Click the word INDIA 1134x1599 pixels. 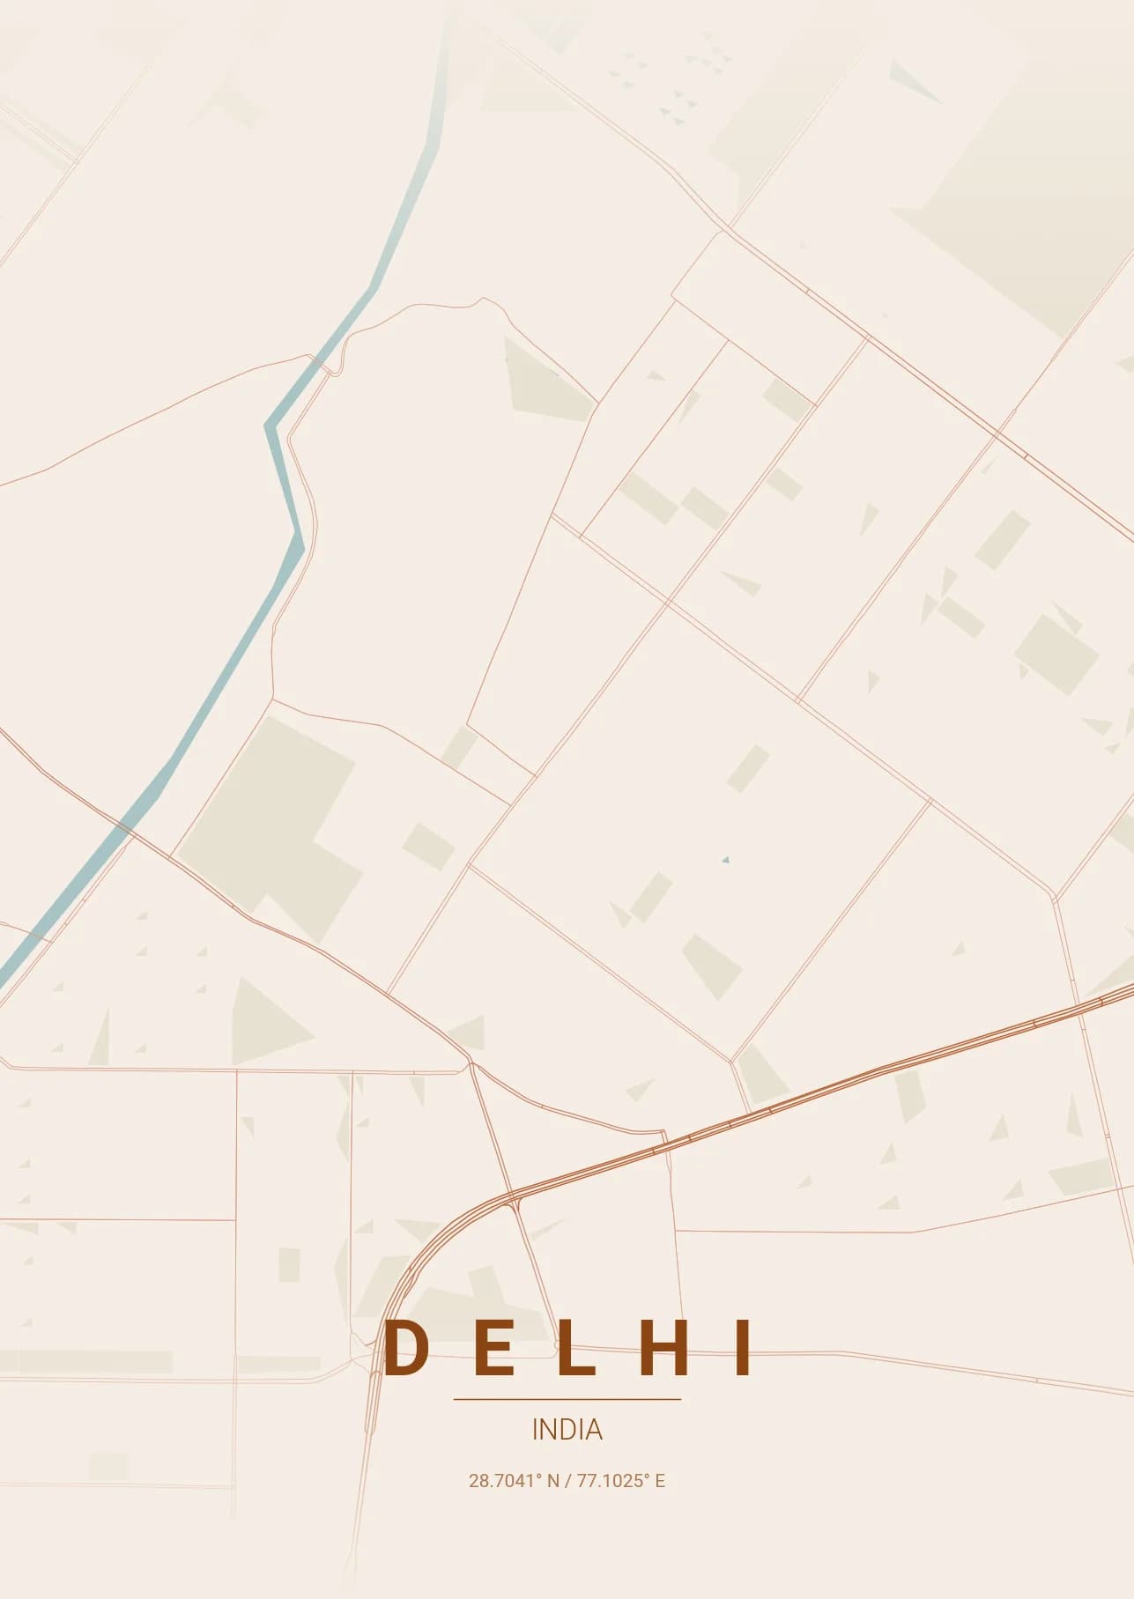567,1429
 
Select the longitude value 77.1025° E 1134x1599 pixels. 621,1481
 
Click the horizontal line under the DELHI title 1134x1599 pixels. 567,1398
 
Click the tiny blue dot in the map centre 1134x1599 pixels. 725,859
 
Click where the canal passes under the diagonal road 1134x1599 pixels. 124,827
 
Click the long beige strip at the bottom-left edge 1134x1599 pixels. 88,1361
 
